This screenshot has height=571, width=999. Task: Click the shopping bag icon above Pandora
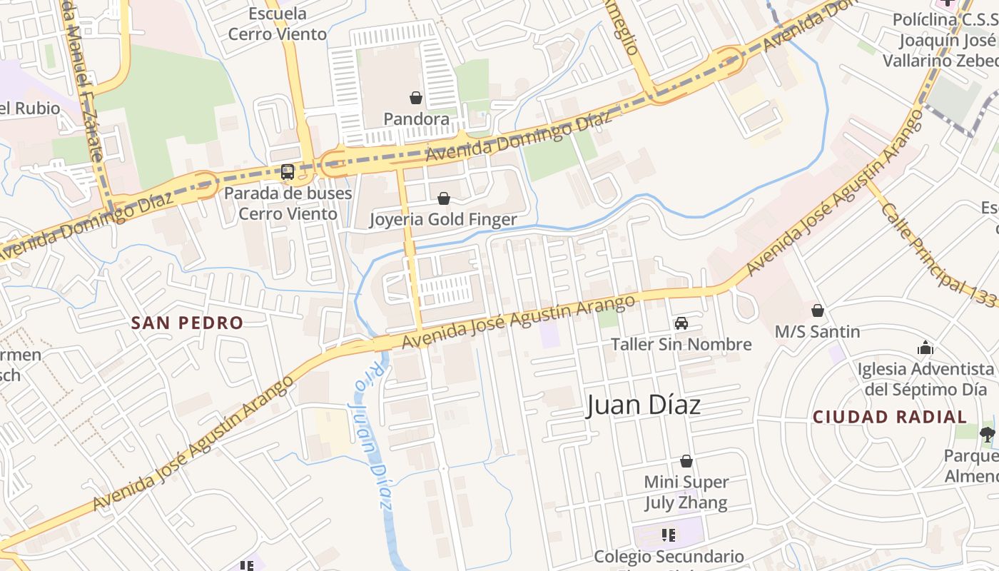(416, 97)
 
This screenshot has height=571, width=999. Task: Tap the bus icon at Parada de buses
(288, 171)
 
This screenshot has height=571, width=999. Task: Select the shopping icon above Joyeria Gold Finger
(444, 198)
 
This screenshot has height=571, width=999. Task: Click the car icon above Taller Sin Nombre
(681, 323)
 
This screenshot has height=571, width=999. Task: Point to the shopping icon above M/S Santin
(818, 310)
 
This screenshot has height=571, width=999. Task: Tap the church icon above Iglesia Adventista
(926, 348)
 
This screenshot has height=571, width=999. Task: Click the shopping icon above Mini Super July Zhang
(686, 461)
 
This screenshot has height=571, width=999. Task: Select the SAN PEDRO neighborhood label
(188, 323)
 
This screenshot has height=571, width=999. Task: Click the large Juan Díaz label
(644, 405)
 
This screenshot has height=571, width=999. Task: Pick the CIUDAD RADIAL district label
(890, 417)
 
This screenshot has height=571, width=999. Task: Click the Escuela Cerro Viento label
(277, 24)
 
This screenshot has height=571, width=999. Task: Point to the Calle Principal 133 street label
(935, 253)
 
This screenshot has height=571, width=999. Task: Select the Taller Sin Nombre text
(681, 345)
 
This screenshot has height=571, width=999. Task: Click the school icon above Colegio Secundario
(669, 535)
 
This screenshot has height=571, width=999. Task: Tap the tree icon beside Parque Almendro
(987, 433)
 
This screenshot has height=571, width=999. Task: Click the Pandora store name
(417, 118)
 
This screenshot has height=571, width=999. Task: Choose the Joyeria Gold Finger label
(442, 219)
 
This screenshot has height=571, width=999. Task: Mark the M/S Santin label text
(818, 332)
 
